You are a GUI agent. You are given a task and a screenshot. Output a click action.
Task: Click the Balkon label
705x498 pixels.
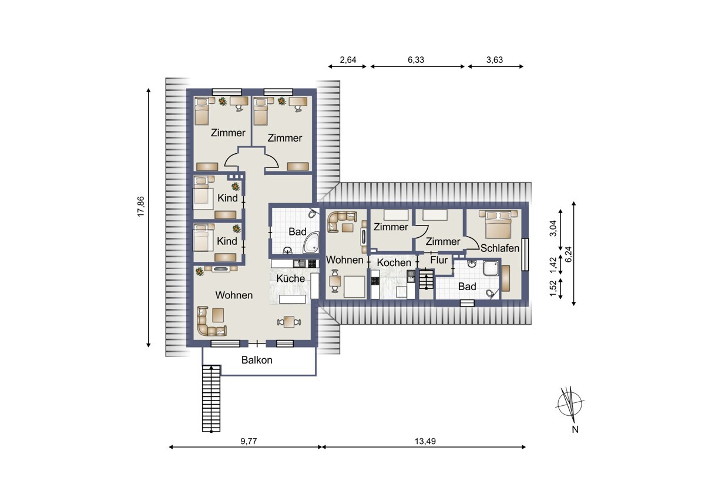(257, 360)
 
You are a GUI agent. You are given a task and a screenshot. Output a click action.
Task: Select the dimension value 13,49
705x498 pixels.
(425, 441)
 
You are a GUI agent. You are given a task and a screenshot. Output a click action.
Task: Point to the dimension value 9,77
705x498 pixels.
(249, 441)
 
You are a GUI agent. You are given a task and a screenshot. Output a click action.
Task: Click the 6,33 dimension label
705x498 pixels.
(416, 60)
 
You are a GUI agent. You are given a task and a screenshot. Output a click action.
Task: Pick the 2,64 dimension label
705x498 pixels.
(348, 60)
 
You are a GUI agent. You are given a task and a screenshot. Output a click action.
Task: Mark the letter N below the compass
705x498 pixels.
(575, 429)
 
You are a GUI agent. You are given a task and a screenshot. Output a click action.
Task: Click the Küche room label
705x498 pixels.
(290, 278)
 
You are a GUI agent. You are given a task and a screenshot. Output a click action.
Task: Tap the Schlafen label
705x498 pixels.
(500, 248)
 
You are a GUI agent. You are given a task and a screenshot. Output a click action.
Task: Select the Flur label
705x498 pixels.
(439, 260)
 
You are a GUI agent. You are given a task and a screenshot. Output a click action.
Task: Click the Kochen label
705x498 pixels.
(394, 263)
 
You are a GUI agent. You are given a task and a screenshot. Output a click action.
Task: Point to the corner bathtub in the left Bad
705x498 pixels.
(311, 243)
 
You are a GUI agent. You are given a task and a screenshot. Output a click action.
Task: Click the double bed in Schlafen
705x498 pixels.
(498, 224)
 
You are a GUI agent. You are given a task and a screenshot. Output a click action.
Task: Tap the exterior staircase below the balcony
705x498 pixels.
(211, 398)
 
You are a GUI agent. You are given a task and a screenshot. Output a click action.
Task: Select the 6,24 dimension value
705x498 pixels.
(569, 254)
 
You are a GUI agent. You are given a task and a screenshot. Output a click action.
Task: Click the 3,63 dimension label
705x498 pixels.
(495, 60)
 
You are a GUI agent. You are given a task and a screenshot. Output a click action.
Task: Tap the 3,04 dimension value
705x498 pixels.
(553, 228)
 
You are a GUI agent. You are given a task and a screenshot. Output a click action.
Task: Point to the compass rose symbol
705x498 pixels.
(569, 405)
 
